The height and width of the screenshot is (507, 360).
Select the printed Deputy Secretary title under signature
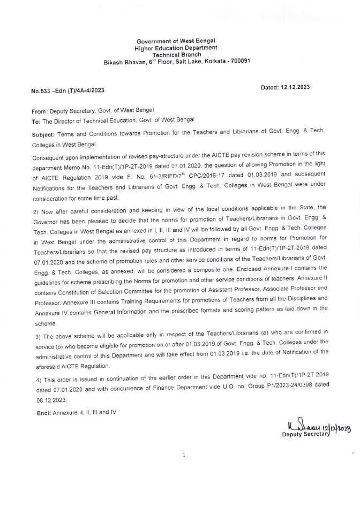pos(302,434)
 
